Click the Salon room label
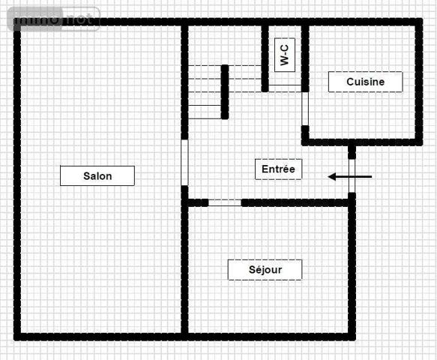97,176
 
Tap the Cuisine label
365,82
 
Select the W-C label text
284,54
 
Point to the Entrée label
278,169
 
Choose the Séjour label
265,270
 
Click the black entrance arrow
350,177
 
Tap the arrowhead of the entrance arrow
332,177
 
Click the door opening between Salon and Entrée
184,161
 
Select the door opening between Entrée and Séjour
225,202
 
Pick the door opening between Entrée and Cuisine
305,109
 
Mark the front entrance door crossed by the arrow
352,177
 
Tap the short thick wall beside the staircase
224,91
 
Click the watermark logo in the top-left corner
54,19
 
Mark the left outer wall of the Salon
17,180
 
